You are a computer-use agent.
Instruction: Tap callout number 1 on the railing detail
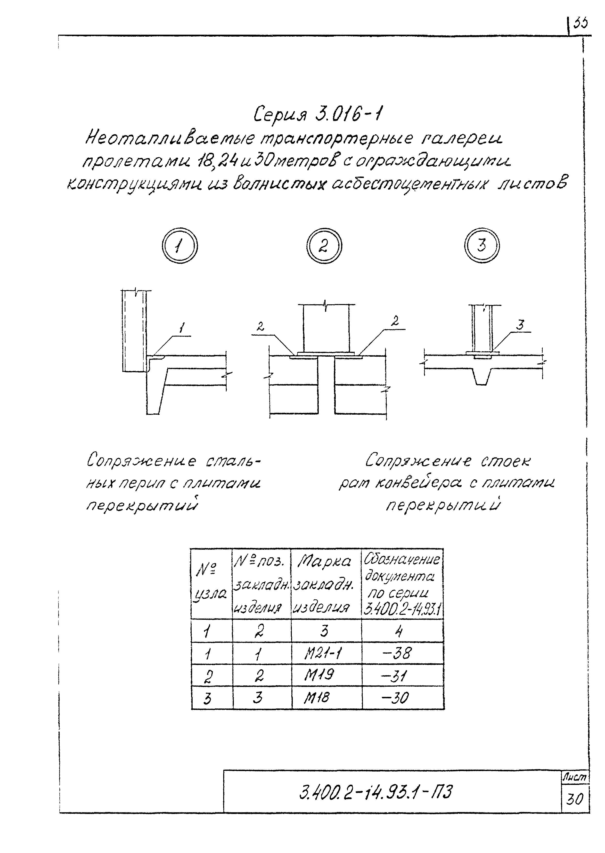[x=181, y=328]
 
